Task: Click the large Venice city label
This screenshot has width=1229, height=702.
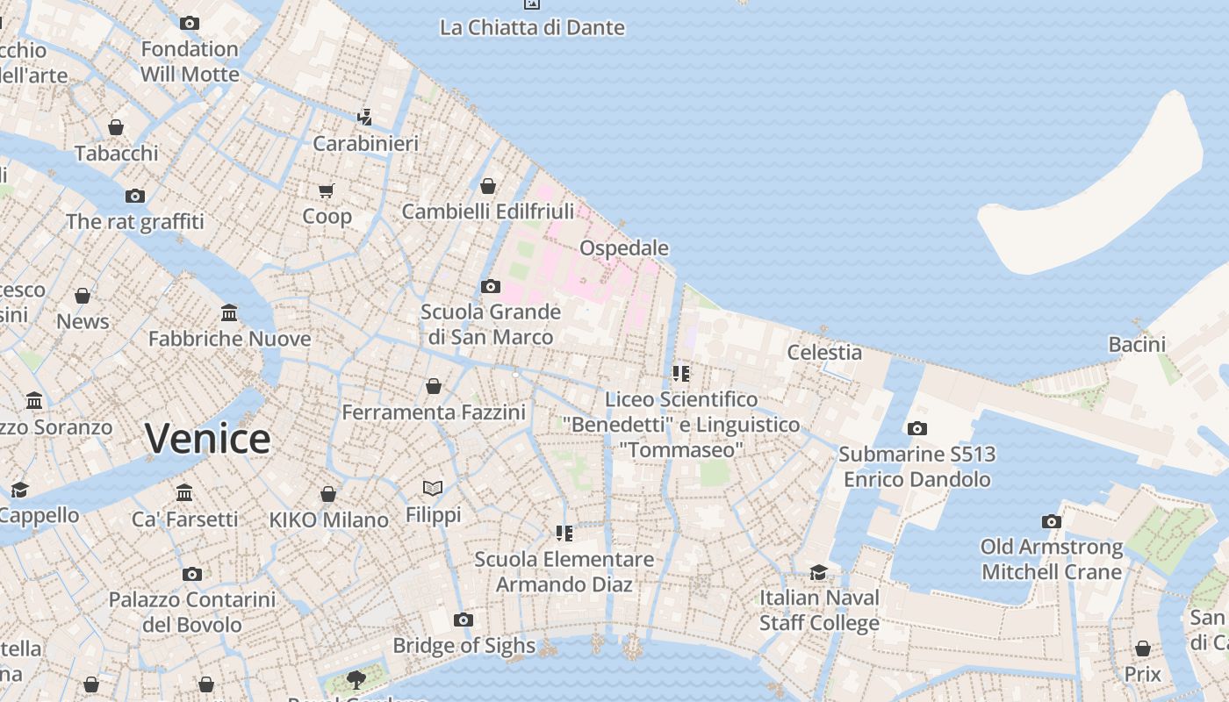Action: [x=207, y=438]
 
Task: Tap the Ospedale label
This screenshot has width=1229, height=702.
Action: [x=624, y=248]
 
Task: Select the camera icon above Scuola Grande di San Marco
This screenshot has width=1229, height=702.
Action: [x=491, y=286]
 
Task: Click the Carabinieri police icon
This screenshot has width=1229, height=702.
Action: [x=364, y=117]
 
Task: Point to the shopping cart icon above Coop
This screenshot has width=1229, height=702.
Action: [x=327, y=190]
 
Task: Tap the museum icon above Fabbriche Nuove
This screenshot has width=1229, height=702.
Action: [x=229, y=312]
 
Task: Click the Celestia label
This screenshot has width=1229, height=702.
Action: [x=824, y=352]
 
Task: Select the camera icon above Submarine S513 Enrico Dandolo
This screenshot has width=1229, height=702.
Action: [x=916, y=428]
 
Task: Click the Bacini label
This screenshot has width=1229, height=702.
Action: [x=1137, y=344]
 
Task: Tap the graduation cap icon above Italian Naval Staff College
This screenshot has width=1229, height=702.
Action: [x=818, y=572]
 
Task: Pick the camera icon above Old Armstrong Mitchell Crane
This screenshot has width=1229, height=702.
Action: [x=1051, y=521]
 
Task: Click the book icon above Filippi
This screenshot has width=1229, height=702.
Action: [x=432, y=488]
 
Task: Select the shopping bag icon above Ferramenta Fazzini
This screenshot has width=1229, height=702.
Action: [x=433, y=386]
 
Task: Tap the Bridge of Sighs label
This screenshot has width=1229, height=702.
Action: [x=464, y=646]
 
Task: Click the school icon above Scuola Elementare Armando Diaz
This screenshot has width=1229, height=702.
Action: [x=564, y=533]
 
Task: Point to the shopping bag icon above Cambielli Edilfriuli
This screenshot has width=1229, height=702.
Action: [x=487, y=186]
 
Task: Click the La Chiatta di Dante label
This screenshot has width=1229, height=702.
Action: [x=532, y=27]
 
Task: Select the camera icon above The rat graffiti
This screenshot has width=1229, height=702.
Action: [x=134, y=196]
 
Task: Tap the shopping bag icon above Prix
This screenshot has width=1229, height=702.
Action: [x=1142, y=648]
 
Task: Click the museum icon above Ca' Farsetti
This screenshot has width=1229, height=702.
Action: [x=184, y=492]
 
